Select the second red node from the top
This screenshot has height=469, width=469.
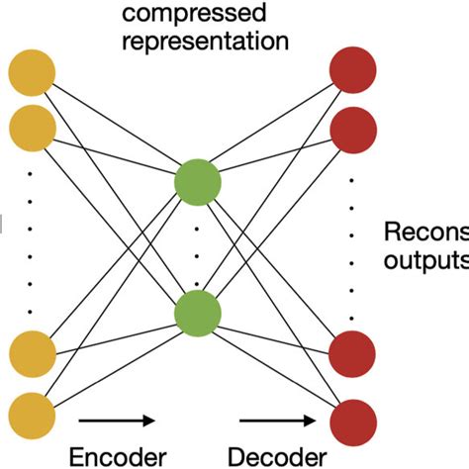click(353, 127)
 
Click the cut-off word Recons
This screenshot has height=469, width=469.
click(424, 233)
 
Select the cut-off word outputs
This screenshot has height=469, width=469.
click(424, 261)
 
